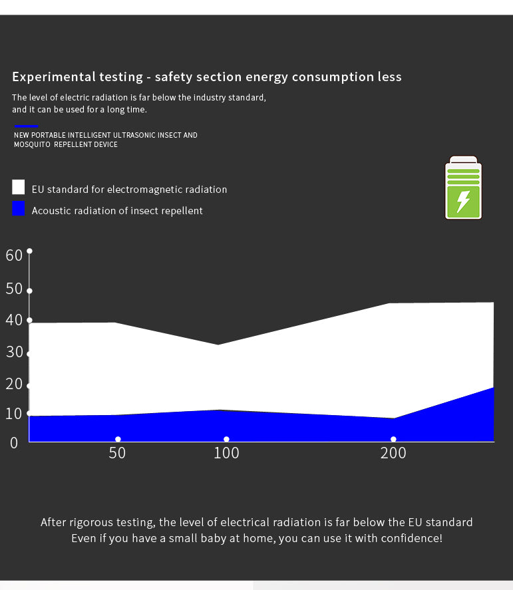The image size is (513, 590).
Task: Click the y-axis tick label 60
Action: (14, 255)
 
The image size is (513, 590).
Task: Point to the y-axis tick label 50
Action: (14, 289)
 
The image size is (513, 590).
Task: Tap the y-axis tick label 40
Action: (14, 320)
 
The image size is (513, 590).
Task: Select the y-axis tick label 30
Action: (14, 352)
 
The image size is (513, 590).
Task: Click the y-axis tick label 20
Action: (14, 384)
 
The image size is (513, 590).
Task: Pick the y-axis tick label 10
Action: (14, 414)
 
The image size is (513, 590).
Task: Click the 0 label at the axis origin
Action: (14, 442)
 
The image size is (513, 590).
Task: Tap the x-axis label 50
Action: (117, 454)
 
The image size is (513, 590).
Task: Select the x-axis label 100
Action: (226, 454)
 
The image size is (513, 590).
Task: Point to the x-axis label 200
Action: (393, 454)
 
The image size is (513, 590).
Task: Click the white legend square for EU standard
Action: (19, 187)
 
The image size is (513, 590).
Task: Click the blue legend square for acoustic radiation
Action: (19, 208)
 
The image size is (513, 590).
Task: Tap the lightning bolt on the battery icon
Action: (463, 201)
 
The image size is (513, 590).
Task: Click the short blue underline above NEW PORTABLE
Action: (26, 126)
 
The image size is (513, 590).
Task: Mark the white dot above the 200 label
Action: (393, 439)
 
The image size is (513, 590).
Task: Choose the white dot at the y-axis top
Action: (29, 251)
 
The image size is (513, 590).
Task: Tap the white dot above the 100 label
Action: (226, 439)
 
